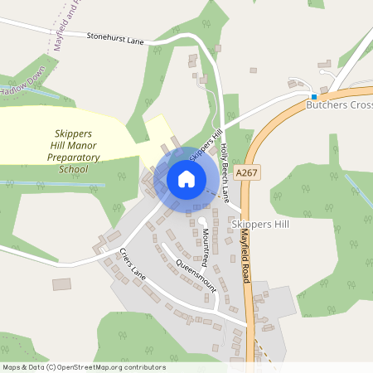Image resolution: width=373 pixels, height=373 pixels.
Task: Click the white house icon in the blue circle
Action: tap(186, 178)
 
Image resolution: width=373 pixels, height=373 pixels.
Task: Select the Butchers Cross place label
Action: tap(339, 106)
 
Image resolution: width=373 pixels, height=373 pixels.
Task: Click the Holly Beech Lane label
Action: tap(225, 172)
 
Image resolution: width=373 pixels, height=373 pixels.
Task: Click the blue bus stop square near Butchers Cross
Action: tap(313, 96)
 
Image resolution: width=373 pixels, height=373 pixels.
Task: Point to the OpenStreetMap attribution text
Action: tap(84, 367)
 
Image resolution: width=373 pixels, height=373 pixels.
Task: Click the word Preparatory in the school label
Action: tap(73, 157)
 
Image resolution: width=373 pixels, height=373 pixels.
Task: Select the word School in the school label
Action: tap(73, 169)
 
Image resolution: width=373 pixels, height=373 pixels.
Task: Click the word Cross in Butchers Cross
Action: tap(359, 106)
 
